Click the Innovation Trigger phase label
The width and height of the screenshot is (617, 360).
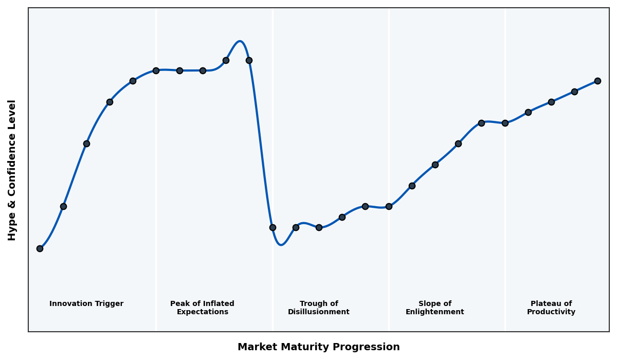click(86, 304)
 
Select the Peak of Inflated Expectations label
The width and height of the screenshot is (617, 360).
click(202, 308)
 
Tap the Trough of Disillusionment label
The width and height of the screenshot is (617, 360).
click(319, 308)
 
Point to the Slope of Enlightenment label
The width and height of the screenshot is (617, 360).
click(435, 308)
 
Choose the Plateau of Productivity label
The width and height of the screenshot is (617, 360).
click(551, 308)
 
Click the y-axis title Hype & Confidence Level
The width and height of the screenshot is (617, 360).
click(12, 170)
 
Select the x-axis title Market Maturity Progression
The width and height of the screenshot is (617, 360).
click(319, 347)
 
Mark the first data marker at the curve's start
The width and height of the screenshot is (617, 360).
click(40, 248)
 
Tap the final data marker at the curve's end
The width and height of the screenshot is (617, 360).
click(597, 81)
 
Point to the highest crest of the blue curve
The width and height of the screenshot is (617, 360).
click(240, 42)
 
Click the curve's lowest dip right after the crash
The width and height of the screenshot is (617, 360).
click(281, 245)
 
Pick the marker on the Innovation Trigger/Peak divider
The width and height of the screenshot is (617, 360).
click(156, 70)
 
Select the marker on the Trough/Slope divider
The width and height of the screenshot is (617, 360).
click(389, 206)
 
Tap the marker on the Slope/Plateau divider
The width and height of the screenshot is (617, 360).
click(505, 123)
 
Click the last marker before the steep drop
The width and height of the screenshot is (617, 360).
click(249, 60)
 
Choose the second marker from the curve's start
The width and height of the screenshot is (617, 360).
click(63, 206)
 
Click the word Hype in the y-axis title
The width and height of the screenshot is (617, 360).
click(12, 229)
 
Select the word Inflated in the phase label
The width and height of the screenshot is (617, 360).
click(217, 304)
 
